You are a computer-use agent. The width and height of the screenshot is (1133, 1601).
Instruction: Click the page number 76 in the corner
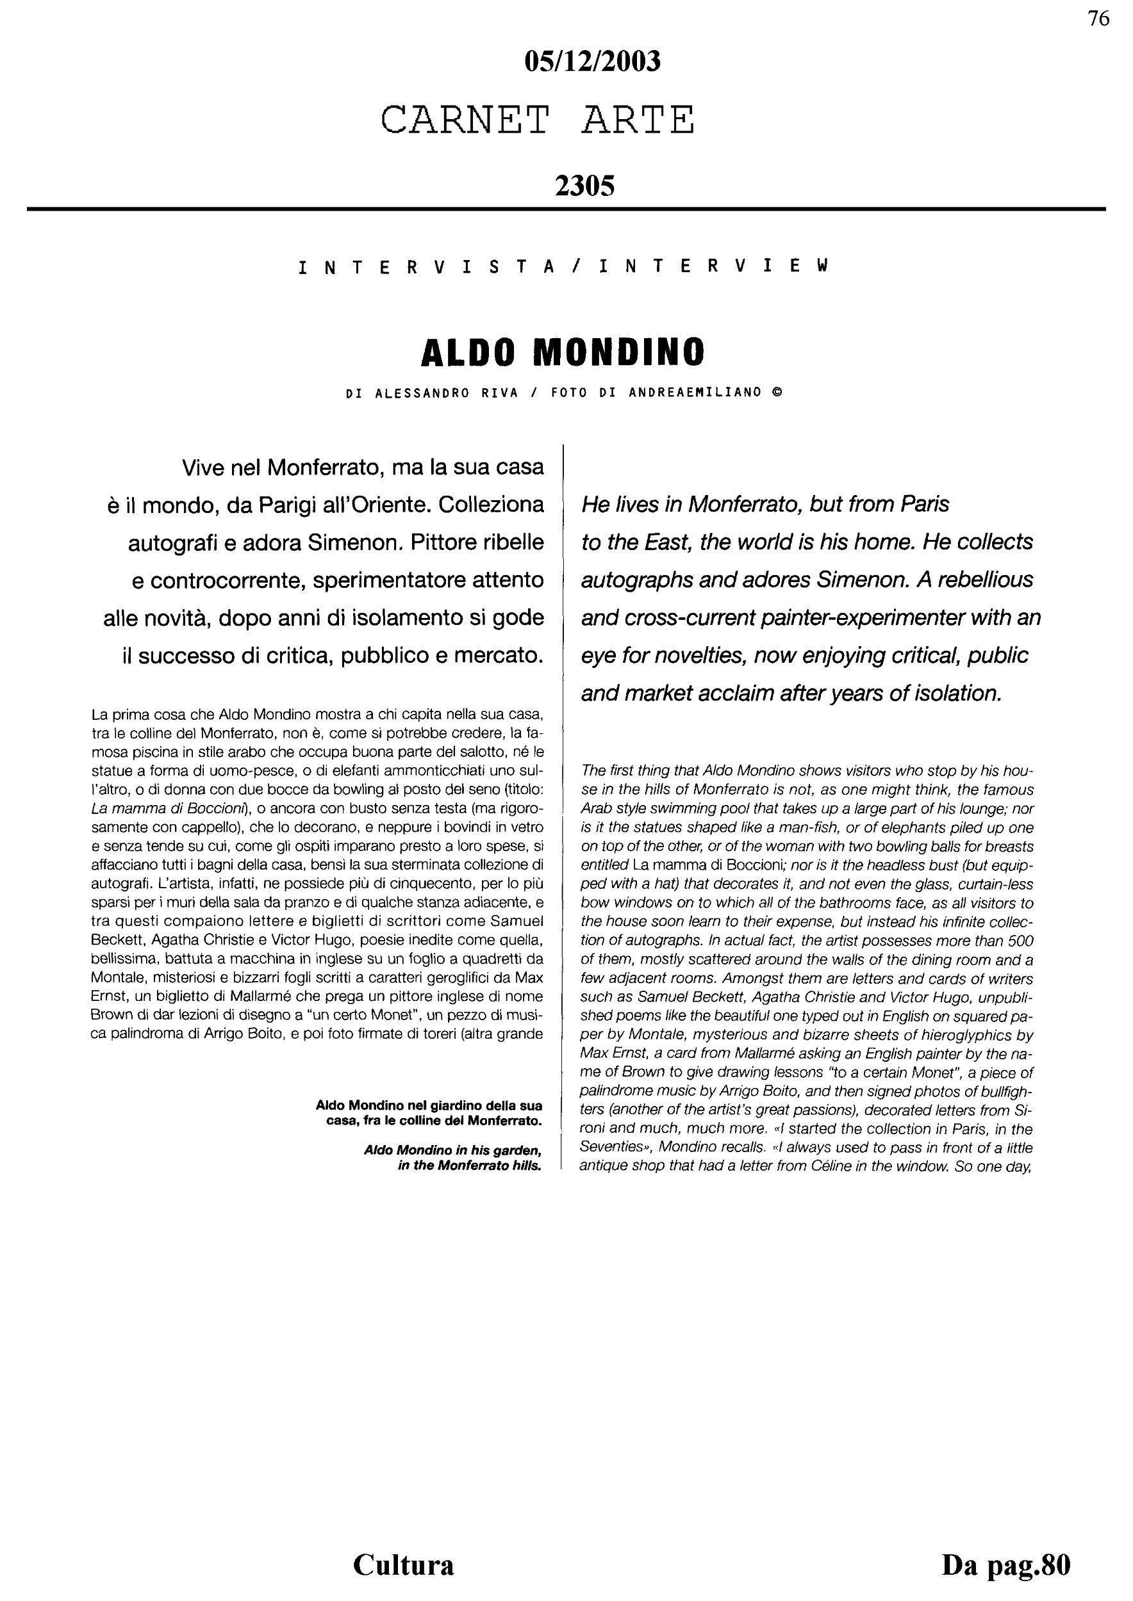pyautogui.click(x=1098, y=19)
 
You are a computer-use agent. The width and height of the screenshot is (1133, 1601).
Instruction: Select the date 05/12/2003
pyautogui.click(x=591, y=62)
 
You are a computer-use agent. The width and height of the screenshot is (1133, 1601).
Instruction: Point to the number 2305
pyautogui.click(x=584, y=186)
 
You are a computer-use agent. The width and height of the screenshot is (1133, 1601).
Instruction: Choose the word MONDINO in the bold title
pyautogui.click(x=620, y=353)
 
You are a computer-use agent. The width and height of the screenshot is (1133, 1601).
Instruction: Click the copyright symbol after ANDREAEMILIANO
pyautogui.click(x=777, y=393)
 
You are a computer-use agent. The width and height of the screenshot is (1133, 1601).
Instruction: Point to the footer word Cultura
pyautogui.click(x=403, y=1564)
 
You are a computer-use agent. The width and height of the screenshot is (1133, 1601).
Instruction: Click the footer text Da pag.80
pyautogui.click(x=1005, y=1564)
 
